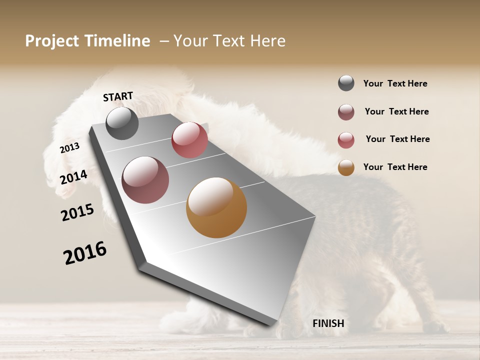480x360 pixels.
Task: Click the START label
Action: [x=118, y=96]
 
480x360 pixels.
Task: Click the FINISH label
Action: [x=328, y=323]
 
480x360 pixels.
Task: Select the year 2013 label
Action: [x=69, y=148]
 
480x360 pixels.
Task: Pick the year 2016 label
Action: [x=85, y=253]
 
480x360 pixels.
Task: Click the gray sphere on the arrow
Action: [x=122, y=123]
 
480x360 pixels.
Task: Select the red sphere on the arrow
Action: [x=189, y=140]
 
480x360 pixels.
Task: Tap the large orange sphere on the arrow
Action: [x=216, y=207]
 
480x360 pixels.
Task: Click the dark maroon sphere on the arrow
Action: [x=145, y=180]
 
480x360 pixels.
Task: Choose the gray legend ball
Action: [x=346, y=83]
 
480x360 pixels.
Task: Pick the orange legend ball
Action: [x=346, y=167]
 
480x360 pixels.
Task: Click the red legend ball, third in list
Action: [x=346, y=140]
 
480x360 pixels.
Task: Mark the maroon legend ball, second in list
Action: [x=346, y=112]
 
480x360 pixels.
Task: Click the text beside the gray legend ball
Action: [x=395, y=83]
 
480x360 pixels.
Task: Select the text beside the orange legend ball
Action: [x=395, y=167]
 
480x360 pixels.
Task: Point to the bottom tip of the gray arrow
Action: [x=272, y=324]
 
